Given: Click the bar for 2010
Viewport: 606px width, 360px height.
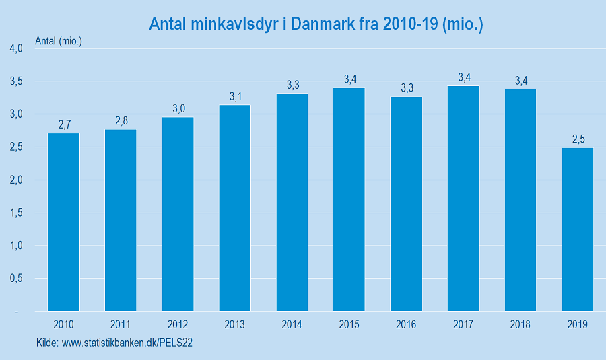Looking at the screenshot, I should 63,222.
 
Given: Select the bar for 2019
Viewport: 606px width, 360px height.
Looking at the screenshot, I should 577,229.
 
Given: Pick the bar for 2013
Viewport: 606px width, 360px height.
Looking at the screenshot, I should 235,208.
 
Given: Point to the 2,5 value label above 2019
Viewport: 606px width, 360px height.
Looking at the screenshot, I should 578,139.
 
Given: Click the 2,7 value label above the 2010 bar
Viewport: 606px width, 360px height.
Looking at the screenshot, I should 64,124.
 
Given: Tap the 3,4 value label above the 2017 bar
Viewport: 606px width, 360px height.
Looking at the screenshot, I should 464,77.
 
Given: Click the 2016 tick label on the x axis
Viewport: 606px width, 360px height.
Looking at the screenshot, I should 406,324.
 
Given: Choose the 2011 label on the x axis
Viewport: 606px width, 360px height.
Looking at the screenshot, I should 121,324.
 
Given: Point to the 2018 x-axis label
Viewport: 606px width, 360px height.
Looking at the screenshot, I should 520,324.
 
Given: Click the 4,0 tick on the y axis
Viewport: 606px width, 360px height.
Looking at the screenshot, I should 16,48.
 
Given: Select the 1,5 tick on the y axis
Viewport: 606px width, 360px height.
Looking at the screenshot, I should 16,213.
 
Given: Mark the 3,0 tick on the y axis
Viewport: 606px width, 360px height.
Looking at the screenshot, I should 16,114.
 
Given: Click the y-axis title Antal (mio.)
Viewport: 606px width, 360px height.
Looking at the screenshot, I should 59,41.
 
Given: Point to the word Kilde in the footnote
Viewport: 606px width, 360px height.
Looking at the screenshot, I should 46,343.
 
